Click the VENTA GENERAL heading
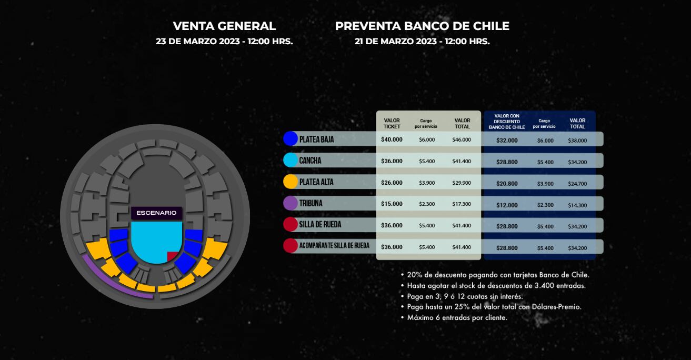pyautogui.click(x=224, y=26)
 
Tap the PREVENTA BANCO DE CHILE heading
pyautogui.click(x=422, y=26)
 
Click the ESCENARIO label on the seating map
pyautogui.click(x=156, y=213)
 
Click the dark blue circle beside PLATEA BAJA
pyautogui.click(x=291, y=139)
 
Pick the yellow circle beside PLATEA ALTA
pyautogui.click(x=291, y=182)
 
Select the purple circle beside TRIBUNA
pyautogui.click(x=291, y=203)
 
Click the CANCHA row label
pyautogui.click(x=310, y=161)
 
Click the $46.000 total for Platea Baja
pyautogui.click(x=462, y=140)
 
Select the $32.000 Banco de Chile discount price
pyautogui.click(x=507, y=141)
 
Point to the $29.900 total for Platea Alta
pyautogui.click(x=462, y=183)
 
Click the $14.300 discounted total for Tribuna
pyautogui.click(x=577, y=205)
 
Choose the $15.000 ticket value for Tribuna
pyautogui.click(x=392, y=204)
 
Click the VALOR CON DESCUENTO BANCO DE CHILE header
pyautogui.click(x=507, y=122)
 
